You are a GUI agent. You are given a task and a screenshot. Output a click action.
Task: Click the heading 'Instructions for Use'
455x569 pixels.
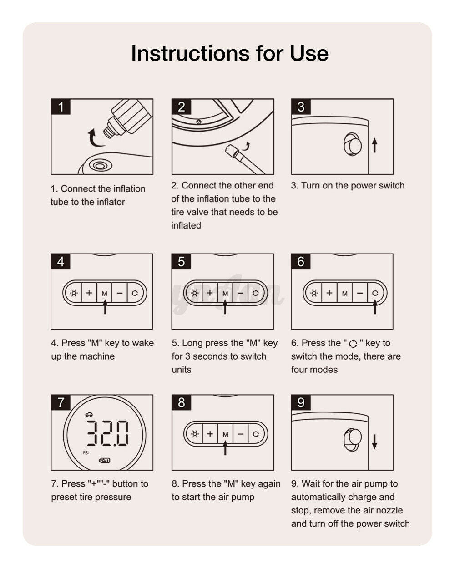pyautogui.click(x=229, y=53)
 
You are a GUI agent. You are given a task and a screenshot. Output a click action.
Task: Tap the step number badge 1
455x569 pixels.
pyautogui.click(x=61, y=107)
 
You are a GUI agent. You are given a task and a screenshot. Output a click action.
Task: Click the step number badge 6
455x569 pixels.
pyautogui.click(x=301, y=261)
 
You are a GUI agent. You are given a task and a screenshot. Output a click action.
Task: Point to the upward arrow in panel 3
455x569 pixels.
pyautogui.click(x=374, y=146)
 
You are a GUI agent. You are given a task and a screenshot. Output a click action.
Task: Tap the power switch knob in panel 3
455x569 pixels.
pyautogui.click(x=353, y=144)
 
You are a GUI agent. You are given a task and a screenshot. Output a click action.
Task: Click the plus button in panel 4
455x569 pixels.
pyautogui.click(x=89, y=293)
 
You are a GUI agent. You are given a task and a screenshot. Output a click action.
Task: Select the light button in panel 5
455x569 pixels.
pyautogui.click(x=195, y=293)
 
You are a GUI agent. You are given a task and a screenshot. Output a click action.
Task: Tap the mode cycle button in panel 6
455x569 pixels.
pyautogui.click(x=375, y=293)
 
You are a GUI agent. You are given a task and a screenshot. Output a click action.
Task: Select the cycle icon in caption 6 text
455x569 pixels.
pyautogui.click(x=353, y=344)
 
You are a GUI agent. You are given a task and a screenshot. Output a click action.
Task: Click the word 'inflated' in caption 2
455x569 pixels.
pyautogui.click(x=186, y=225)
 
